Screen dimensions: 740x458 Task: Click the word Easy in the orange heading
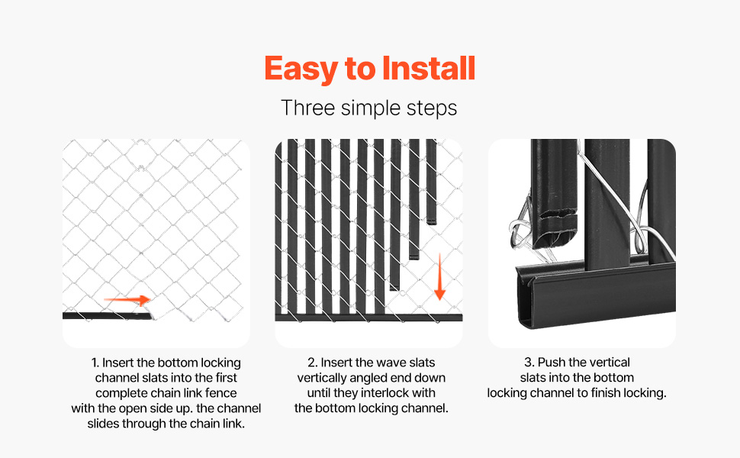[x=301, y=69]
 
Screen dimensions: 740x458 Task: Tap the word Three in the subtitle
[x=308, y=108]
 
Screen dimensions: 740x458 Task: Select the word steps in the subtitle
[x=432, y=108]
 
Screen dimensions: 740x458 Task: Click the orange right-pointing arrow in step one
[x=127, y=299]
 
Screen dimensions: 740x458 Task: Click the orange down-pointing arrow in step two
[x=439, y=276]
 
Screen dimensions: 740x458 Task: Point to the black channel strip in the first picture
[x=108, y=315]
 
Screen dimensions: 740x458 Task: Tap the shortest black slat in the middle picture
[x=431, y=182]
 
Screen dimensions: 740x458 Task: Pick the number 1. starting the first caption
[x=95, y=363]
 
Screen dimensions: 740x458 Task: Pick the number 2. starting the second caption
[x=313, y=362]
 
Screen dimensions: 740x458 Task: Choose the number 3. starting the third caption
[x=529, y=362]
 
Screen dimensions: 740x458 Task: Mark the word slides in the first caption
[x=102, y=424]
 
